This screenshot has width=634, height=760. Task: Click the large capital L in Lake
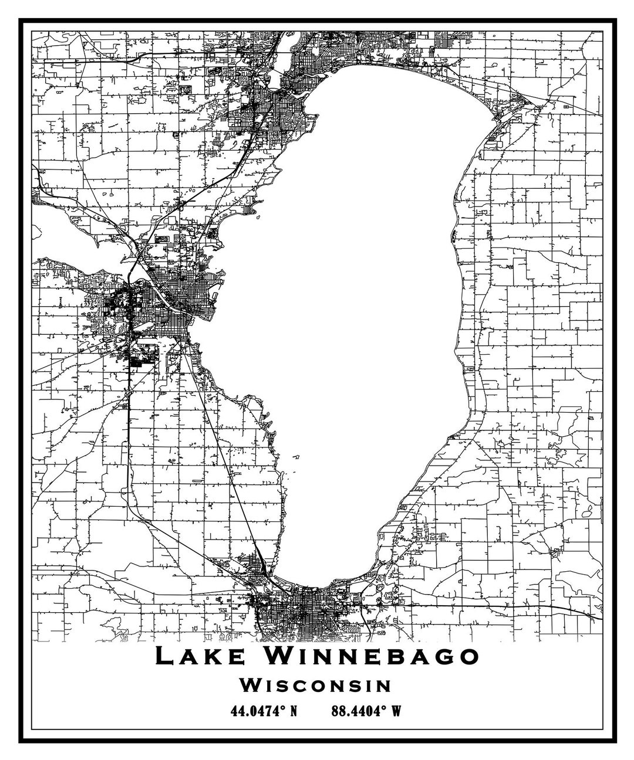[x=166, y=656]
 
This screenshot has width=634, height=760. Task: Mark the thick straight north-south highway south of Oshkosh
[x=129, y=410]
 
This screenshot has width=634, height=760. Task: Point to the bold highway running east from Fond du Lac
[x=528, y=606]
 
